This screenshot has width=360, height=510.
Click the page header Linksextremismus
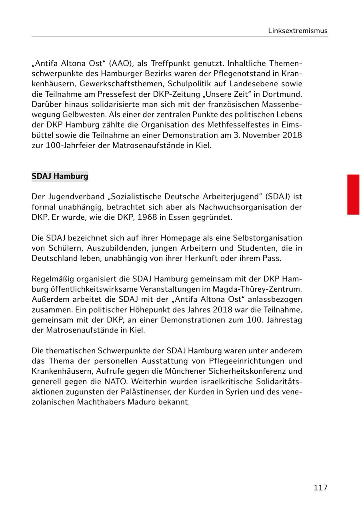click(x=298, y=31)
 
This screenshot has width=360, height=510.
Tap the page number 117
click(x=320, y=487)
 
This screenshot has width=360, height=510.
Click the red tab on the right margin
click(x=353, y=194)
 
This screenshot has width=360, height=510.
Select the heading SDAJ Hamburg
click(x=60, y=176)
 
